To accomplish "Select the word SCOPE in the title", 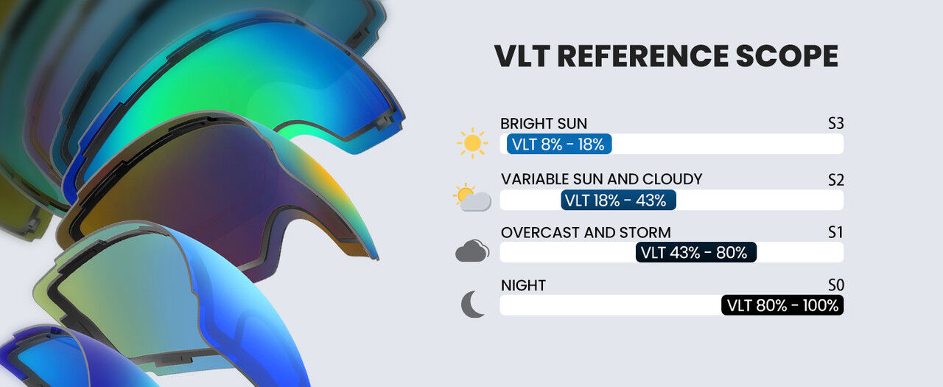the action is point(787,55).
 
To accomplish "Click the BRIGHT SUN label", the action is point(544,124).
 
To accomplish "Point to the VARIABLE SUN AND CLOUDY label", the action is point(601,179).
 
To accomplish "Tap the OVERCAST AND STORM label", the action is point(586,232).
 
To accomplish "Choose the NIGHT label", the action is point(523,285).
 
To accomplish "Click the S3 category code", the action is point(835,124).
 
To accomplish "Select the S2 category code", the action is point(835,181).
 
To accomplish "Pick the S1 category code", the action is point(835,232).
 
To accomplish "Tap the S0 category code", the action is point(835,285).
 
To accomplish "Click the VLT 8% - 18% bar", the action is point(559,144).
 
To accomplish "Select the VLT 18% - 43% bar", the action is point(618,200).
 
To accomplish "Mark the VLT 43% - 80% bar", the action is point(696,252).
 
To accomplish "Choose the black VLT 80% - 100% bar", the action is point(782,305).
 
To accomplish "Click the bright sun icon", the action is point(472,143).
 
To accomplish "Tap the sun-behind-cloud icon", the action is point(472,197).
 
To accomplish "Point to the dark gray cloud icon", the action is point(472,251).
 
